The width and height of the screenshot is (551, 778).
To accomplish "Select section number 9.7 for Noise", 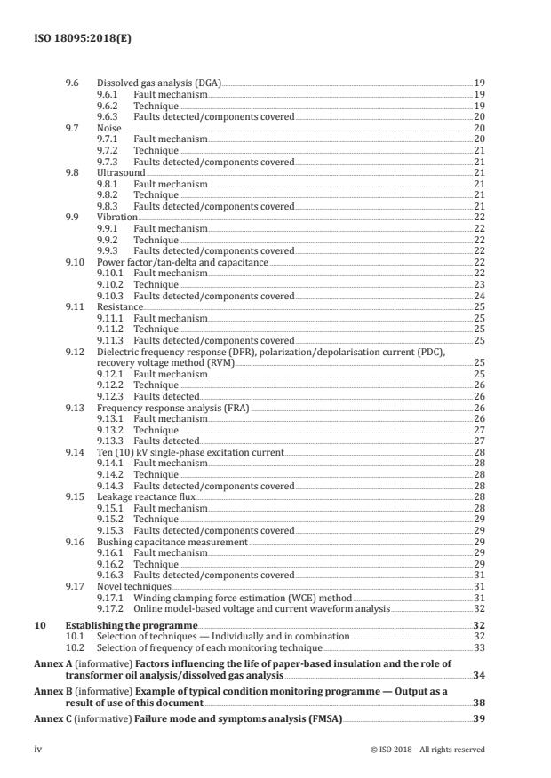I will click(72, 128).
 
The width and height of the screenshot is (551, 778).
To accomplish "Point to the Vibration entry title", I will click(116, 218).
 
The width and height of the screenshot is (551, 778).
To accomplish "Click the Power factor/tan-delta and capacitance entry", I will click(182, 263).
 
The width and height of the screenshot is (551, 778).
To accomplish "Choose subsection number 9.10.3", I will click(111, 296).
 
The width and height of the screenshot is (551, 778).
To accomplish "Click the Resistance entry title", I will click(119, 307).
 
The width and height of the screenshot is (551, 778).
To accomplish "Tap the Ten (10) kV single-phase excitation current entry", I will click(190, 453).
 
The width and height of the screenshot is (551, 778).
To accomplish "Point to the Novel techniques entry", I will click(133, 587).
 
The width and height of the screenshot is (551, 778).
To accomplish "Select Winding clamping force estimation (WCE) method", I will click(243, 599).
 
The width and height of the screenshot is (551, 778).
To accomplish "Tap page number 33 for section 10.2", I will click(479, 648).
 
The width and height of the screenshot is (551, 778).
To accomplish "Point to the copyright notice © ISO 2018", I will click(427, 750).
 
